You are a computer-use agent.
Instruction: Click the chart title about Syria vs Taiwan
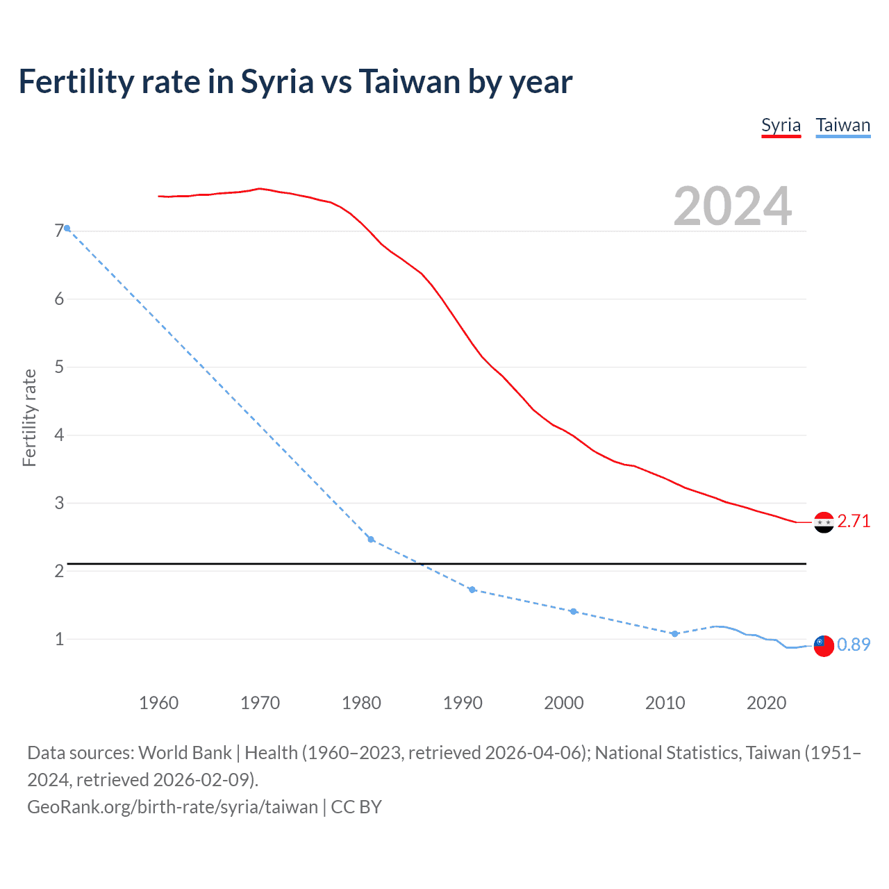295,81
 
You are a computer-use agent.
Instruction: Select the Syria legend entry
781,125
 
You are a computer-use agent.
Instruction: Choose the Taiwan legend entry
842,125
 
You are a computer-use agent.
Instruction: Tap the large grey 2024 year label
732,206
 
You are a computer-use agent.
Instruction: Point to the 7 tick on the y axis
59,231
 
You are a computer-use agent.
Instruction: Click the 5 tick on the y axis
59,367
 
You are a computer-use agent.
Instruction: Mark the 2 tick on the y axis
59,571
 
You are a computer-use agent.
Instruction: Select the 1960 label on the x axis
158,703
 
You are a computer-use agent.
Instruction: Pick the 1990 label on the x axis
463,703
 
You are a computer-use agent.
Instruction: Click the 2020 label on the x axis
766,703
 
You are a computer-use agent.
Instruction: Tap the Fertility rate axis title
29,417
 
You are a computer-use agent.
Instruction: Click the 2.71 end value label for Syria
854,521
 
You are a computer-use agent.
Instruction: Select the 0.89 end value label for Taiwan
854,645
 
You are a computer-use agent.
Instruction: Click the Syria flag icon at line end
824,522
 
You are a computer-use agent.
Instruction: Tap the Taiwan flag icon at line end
824,645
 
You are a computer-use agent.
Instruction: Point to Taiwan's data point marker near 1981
371,539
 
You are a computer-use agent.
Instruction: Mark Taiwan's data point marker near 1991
472,590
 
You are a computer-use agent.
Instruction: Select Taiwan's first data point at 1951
67,228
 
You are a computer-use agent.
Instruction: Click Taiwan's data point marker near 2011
674,633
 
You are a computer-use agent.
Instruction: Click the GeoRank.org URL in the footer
172,806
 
